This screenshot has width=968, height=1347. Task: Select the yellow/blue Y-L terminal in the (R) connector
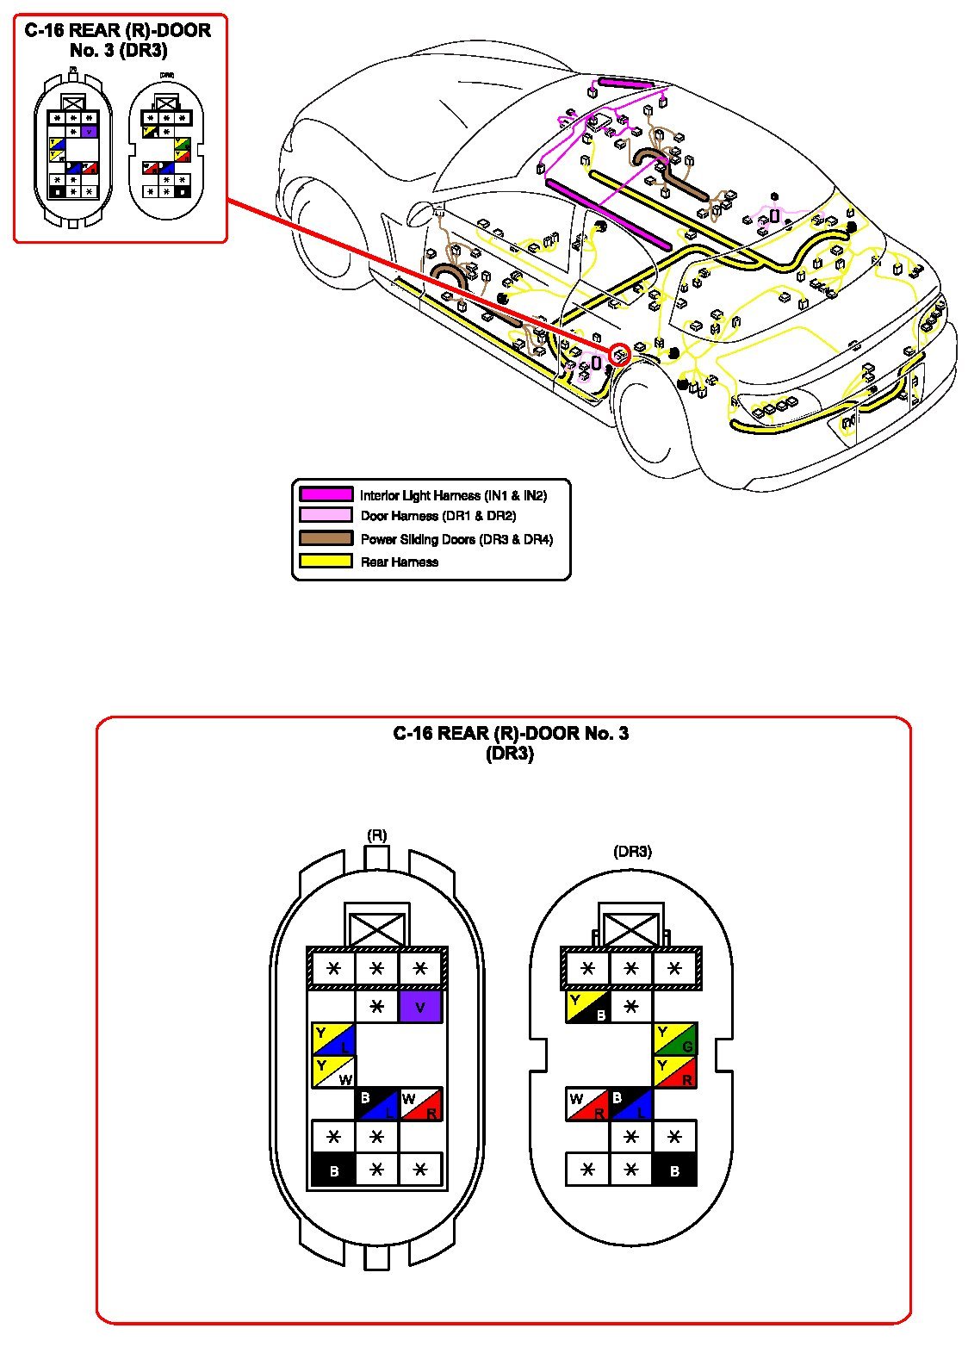click(333, 1040)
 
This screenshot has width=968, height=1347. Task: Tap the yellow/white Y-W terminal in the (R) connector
click(333, 1072)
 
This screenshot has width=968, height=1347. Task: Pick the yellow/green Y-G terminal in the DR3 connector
click(675, 1040)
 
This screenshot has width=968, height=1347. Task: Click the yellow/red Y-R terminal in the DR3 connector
click(675, 1072)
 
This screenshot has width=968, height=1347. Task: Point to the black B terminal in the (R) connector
click(333, 1170)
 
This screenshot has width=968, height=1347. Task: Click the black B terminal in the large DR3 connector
click(675, 1170)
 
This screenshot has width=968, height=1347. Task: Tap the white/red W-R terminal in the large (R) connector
click(421, 1104)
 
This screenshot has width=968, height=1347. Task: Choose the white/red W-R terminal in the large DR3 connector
click(587, 1104)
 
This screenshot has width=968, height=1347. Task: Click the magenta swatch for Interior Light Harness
click(326, 494)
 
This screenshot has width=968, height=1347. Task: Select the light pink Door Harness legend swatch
click(326, 516)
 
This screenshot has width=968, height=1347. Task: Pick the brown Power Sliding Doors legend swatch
click(326, 539)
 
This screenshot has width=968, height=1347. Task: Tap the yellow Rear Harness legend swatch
click(326, 562)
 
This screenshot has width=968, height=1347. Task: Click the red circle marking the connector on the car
click(619, 354)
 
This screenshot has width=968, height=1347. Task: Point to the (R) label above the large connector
click(376, 835)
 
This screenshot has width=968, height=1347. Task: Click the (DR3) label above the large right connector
click(632, 851)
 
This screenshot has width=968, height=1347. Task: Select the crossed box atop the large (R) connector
click(376, 928)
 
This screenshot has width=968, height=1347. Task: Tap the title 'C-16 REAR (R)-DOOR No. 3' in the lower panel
click(511, 734)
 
